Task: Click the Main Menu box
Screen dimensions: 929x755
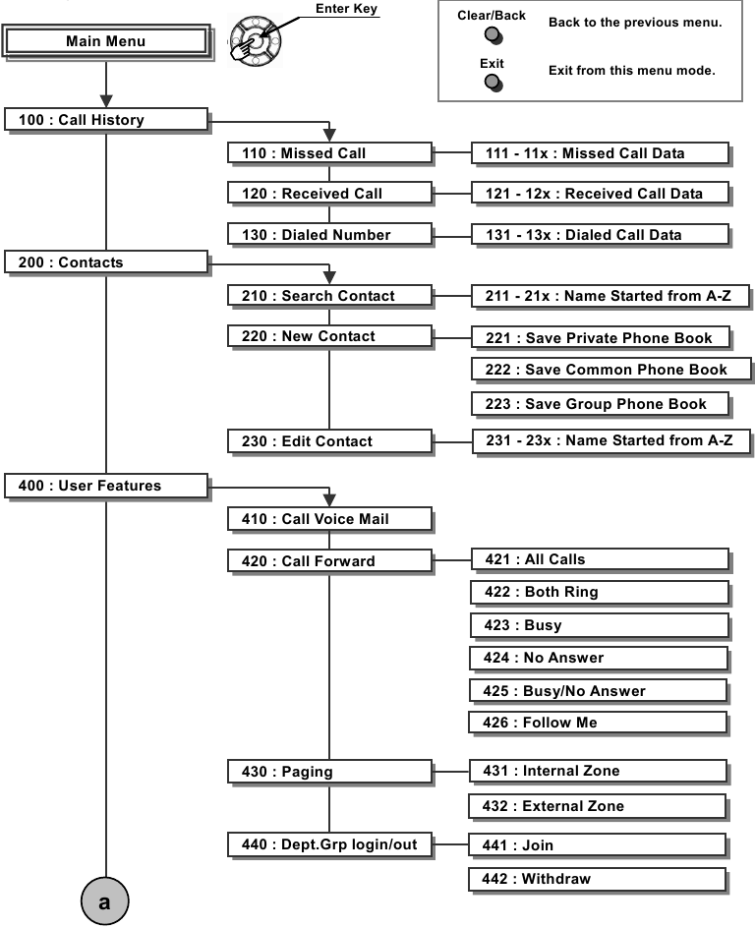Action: tap(105, 41)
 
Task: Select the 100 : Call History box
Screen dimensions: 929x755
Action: tap(105, 120)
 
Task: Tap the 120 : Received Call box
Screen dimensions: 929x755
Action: tap(329, 194)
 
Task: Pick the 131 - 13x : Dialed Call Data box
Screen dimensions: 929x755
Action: tap(600, 234)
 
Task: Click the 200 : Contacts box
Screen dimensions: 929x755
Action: tap(105, 262)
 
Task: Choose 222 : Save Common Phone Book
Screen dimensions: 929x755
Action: tap(610, 370)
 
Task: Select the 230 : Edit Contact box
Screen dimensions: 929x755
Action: tap(329, 441)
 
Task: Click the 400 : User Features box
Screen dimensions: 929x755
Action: tap(105, 485)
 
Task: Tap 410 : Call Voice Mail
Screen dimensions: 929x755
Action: tap(329, 518)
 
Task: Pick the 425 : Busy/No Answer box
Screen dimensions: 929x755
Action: tap(599, 690)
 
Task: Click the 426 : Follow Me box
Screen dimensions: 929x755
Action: tap(599, 723)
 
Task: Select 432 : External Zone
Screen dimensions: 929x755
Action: tap(598, 806)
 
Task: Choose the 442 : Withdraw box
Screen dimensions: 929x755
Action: tap(598, 879)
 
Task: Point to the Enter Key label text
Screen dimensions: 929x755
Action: tap(346, 9)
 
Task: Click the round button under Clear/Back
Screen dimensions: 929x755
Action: tap(493, 36)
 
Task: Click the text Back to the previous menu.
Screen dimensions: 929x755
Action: tap(635, 23)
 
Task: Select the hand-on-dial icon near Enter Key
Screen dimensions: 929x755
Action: tap(253, 40)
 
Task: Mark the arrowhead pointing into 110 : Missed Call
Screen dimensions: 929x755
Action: tap(330, 136)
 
